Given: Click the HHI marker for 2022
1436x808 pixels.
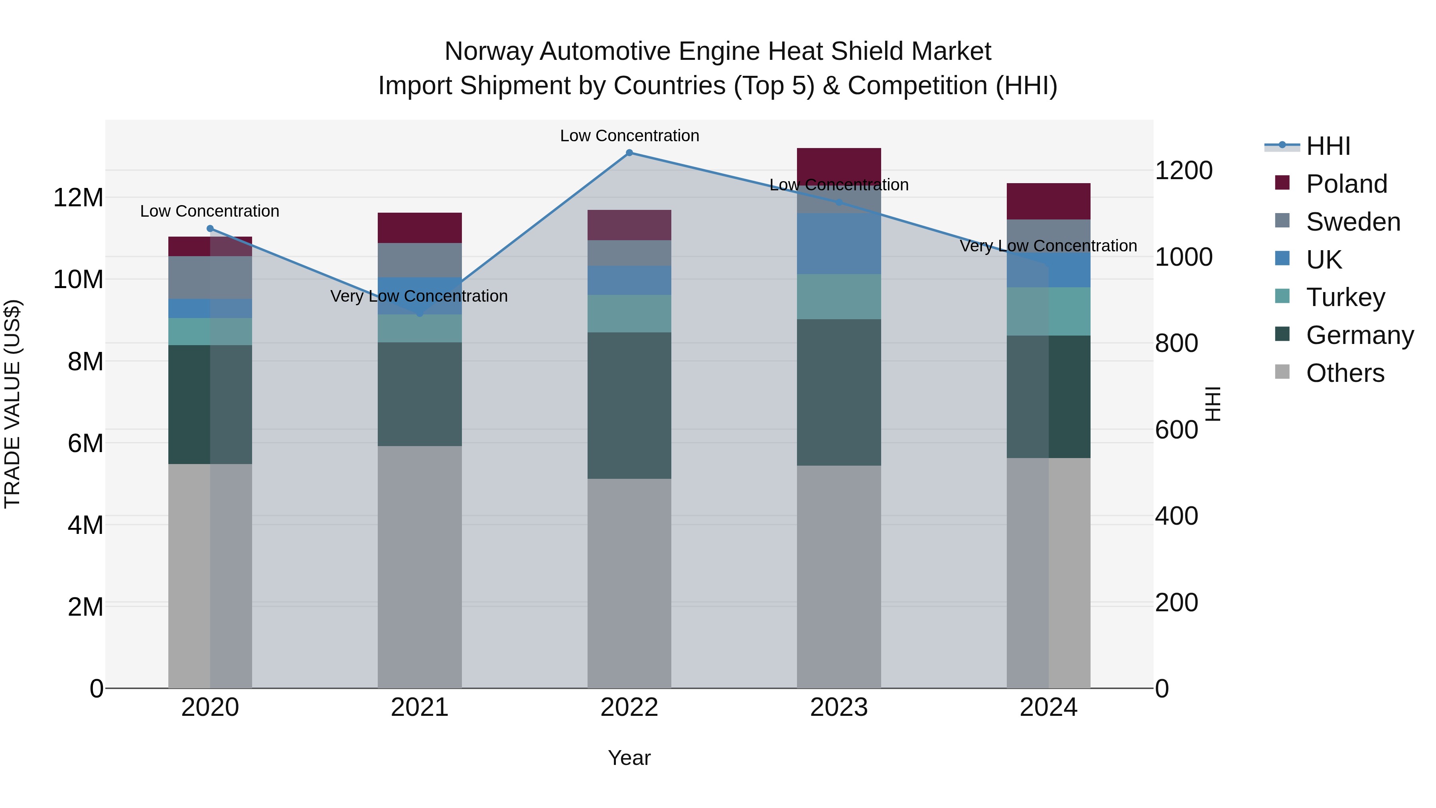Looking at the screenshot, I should [629, 153].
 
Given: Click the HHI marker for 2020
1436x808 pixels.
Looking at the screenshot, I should [210, 229].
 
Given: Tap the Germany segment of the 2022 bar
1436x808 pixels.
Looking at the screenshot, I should [629, 405].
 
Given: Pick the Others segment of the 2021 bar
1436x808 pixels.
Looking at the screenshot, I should [420, 567].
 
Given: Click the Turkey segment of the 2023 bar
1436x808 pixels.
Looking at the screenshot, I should [838, 296].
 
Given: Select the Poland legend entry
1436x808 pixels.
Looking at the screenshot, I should [1346, 184].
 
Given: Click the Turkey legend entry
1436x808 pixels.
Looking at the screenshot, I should [1345, 297].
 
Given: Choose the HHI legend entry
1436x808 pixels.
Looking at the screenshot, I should [1328, 146].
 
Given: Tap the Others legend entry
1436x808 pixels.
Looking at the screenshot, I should [1345, 373].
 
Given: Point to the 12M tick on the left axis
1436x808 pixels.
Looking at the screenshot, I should [78, 198].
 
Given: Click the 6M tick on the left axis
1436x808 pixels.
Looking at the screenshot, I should [85, 444].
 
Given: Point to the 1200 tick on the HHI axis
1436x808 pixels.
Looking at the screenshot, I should [1184, 171].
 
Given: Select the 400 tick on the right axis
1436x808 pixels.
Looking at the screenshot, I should [1176, 516].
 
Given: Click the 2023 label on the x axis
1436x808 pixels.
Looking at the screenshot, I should [838, 707].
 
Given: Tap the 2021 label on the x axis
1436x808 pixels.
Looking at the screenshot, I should [420, 707].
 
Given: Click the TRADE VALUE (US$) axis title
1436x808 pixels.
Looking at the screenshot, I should [12, 404].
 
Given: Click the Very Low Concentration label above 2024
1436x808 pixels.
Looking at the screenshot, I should [1048, 246].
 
